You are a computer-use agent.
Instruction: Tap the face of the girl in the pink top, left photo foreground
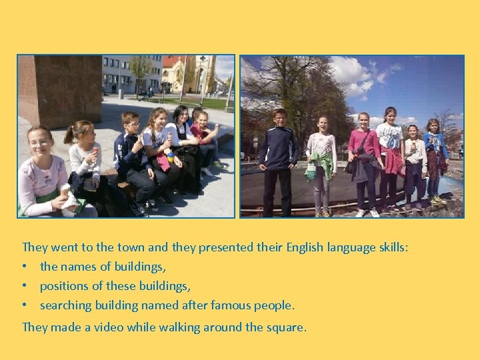tap(40, 142)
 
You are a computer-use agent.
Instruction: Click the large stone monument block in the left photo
tap(59, 90)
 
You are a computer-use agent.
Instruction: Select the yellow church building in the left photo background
tap(181, 73)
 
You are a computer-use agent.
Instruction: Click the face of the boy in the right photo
tap(279, 117)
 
